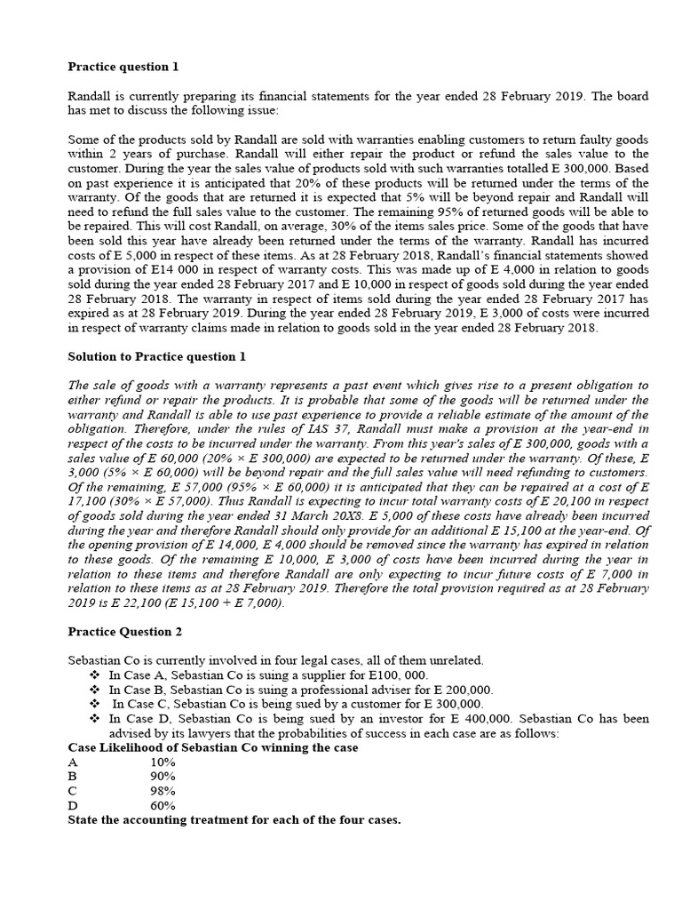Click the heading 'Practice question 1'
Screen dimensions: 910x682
(123, 67)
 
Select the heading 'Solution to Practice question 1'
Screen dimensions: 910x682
(157, 356)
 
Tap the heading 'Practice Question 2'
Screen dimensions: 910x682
(124, 632)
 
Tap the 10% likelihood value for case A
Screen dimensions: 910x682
(163, 762)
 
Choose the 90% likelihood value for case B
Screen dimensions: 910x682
(163, 777)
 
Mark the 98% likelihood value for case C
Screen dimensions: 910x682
(163, 791)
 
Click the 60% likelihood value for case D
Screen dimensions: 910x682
(163, 805)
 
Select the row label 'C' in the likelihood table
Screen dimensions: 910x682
(74, 791)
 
